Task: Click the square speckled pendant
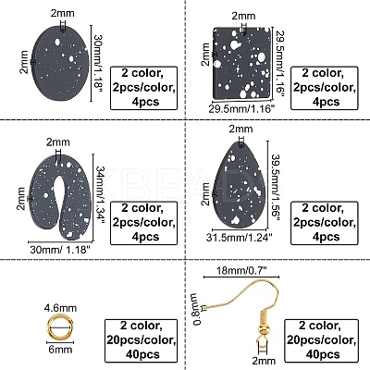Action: click(241, 64)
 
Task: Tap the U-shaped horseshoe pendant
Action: click(59, 196)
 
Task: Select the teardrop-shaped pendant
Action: click(240, 185)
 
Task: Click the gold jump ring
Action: click(60, 327)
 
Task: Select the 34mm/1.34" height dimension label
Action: click(101, 197)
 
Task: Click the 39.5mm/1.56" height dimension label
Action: click(276, 185)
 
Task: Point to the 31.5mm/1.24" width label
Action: click(240, 238)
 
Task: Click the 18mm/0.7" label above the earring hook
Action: click(241, 270)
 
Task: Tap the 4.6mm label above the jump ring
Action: click(60, 308)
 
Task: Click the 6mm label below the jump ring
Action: click(60, 350)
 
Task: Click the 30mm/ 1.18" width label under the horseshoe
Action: click(60, 249)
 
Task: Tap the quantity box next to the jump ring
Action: click(142, 339)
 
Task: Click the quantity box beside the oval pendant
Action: click(144, 88)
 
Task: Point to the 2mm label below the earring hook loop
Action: click(263, 361)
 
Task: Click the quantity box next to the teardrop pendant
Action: click(325, 223)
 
